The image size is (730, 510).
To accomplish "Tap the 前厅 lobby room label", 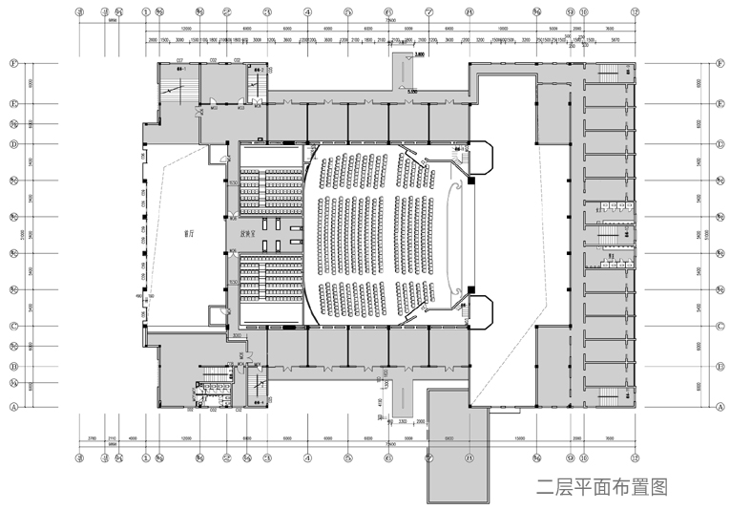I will pos(189,233).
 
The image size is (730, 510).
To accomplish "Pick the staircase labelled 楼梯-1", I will pos(175,84).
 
